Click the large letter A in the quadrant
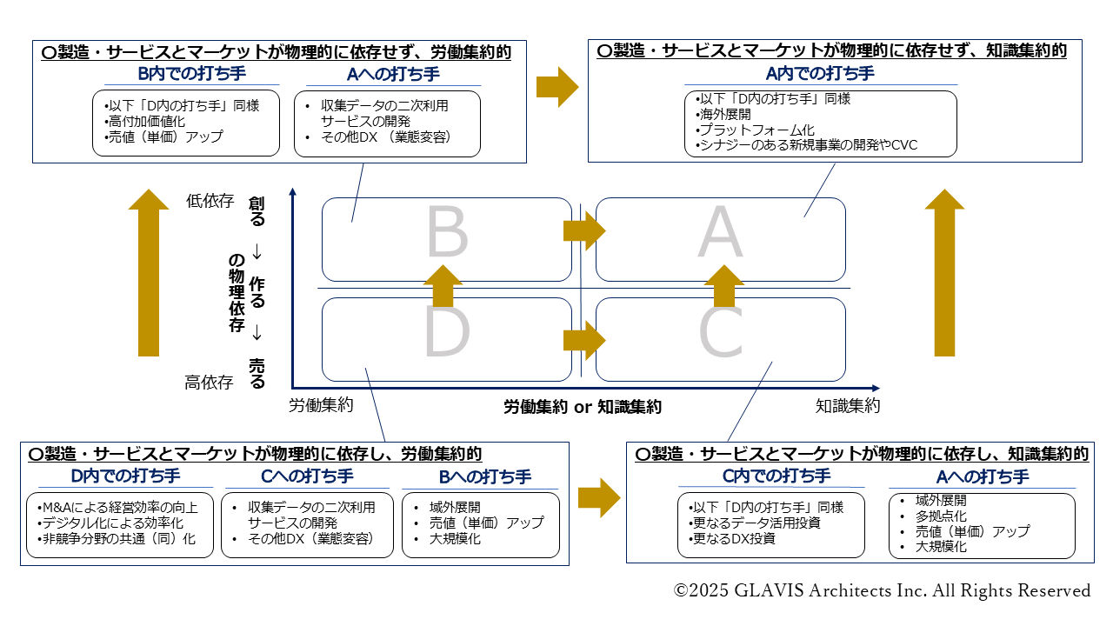(x=721, y=235)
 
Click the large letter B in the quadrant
(x=447, y=235)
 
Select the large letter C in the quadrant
(x=721, y=333)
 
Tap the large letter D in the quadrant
(x=447, y=333)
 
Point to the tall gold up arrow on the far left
(x=149, y=272)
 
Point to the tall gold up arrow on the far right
(x=944, y=272)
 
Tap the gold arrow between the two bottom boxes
(x=599, y=496)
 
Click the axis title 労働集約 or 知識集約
(x=583, y=406)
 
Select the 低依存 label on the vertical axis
(x=210, y=201)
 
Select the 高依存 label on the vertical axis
(x=210, y=382)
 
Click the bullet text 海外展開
(x=724, y=114)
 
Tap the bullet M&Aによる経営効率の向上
(x=119, y=507)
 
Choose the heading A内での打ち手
(x=820, y=74)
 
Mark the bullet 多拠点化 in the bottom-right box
(x=941, y=516)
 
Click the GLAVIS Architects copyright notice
(x=882, y=590)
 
